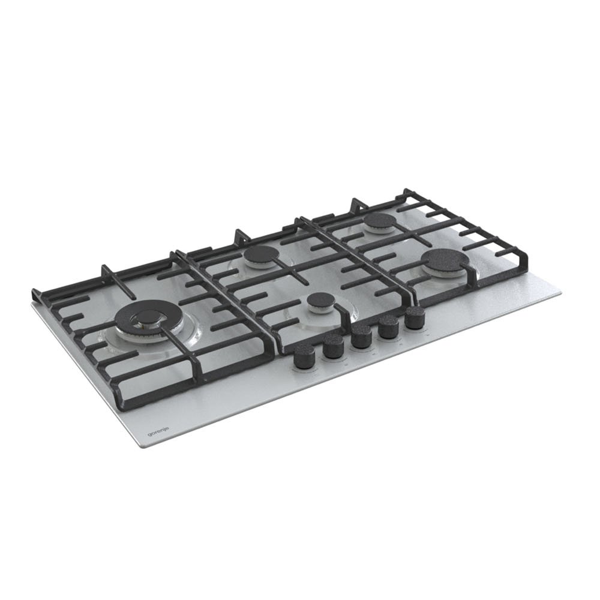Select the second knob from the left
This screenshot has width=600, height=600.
point(333,347)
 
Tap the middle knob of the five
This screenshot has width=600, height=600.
point(361,337)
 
